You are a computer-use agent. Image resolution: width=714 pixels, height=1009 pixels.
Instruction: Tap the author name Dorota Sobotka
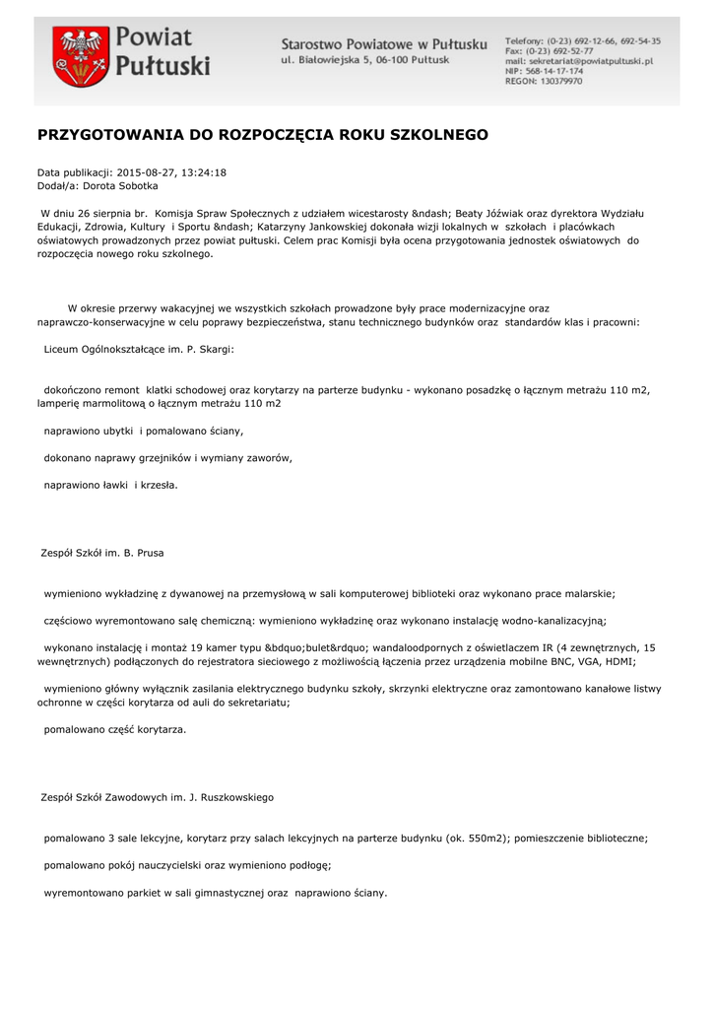(x=120, y=185)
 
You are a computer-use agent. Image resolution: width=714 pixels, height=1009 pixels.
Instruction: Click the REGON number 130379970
(x=557, y=82)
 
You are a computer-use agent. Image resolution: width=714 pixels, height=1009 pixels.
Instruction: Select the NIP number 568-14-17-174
(x=556, y=71)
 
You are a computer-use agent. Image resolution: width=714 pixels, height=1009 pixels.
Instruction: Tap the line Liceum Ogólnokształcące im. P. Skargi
(x=139, y=349)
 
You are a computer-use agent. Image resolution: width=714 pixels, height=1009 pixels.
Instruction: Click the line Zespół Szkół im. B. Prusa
(x=101, y=553)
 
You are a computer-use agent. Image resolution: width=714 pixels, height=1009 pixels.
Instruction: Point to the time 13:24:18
(x=204, y=172)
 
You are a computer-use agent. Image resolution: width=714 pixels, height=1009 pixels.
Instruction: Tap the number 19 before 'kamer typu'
(x=209, y=647)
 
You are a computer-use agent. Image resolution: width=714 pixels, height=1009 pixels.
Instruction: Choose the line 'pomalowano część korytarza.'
(x=115, y=729)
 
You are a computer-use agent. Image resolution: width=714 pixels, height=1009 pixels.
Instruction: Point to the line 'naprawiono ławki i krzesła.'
(x=111, y=485)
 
